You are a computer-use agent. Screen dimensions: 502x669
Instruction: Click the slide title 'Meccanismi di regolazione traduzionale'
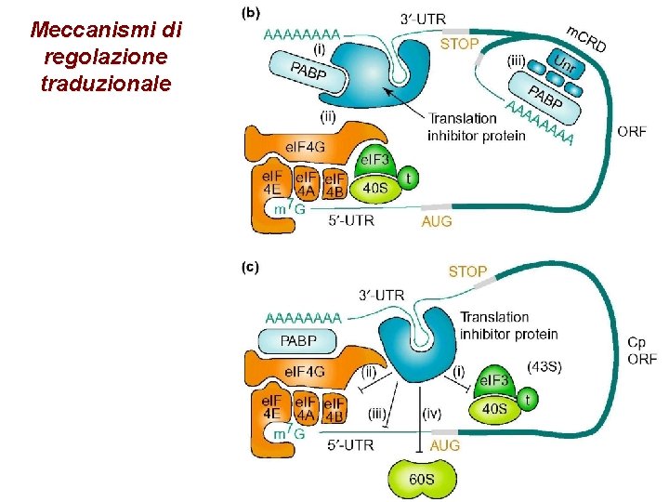point(105,57)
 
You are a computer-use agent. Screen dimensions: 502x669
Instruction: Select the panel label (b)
point(251,16)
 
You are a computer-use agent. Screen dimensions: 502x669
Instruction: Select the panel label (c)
point(250,267)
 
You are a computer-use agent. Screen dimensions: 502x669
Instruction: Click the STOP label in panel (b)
point(459,44)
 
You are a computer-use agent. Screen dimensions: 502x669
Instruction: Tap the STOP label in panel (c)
point(467,271)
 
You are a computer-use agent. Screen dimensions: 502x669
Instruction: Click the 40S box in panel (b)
point(375,188)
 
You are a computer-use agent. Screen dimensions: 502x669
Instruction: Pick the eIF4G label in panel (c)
point(305,372)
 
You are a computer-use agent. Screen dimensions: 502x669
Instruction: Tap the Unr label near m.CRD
point(561,63)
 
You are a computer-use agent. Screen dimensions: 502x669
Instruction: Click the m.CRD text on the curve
point(585,38)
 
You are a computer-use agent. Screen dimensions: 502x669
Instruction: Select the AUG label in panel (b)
point(437,221)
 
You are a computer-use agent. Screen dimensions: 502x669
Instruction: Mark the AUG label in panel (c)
point(445,445)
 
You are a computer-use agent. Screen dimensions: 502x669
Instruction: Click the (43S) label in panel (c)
point(544,366)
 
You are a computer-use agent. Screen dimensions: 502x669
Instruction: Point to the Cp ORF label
point(639,350)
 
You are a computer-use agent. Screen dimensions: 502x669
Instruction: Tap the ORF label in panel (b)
point(632,131)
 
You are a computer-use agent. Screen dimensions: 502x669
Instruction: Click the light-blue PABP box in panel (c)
point(298,341)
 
